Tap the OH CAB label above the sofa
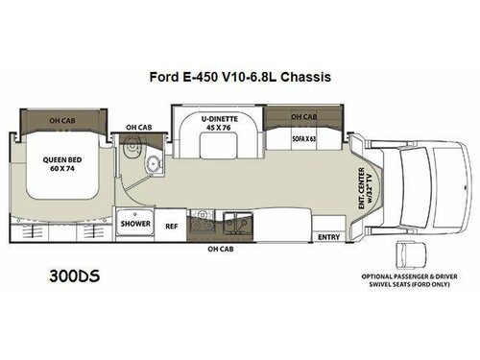coord(303,117)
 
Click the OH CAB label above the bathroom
coord(138,125)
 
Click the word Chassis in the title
coord(306,78)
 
